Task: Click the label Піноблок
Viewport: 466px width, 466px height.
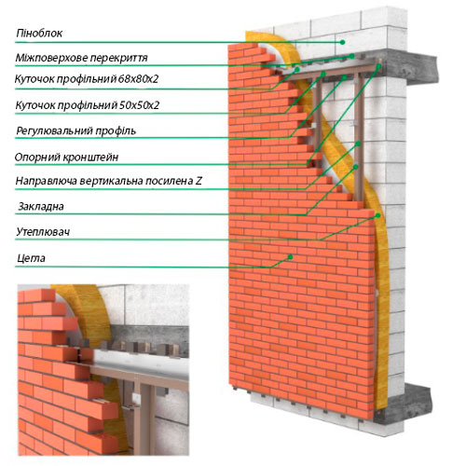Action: (39, 34)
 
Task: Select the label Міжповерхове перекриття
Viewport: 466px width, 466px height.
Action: (81, 58)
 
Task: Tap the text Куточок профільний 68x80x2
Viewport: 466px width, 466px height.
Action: (87, 79)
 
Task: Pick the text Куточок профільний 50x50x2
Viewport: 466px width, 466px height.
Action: (88, 105)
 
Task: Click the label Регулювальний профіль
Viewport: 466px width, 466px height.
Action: (75, 130)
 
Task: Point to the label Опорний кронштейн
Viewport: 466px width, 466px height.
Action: (66, 158)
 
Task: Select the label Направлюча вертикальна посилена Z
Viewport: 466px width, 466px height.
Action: (109, 181)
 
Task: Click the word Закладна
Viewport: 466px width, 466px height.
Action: (41, 207)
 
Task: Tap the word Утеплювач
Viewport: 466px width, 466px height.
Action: (43, 232)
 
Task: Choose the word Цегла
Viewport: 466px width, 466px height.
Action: (31, 258)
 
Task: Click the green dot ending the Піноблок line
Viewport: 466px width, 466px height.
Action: (342, 42)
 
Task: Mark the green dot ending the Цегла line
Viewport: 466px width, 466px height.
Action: (290, 257)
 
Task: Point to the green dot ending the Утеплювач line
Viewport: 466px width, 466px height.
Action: (377, 215)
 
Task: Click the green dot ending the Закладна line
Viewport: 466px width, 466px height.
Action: (356, 167)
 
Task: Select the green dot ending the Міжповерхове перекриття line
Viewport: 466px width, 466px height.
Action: (351, 56)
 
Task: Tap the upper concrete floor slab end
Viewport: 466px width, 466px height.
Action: (422, 69)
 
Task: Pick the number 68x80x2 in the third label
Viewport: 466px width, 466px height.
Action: (138, 79)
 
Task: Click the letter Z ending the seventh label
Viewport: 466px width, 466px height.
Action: (199, 181)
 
